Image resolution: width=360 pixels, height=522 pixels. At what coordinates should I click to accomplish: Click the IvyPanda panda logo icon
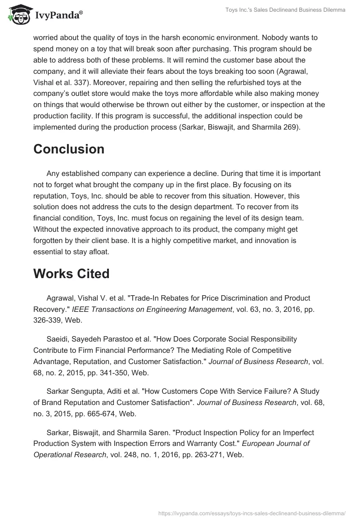click(18, 15)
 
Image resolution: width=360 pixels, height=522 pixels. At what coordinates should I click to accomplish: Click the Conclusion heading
click(69, 149)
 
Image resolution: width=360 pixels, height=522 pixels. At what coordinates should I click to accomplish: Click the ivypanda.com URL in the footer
click(252, 513)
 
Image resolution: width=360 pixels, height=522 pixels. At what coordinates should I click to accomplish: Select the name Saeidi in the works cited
click(58, 339)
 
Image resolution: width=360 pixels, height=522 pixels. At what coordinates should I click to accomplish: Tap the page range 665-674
click(115, 401)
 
